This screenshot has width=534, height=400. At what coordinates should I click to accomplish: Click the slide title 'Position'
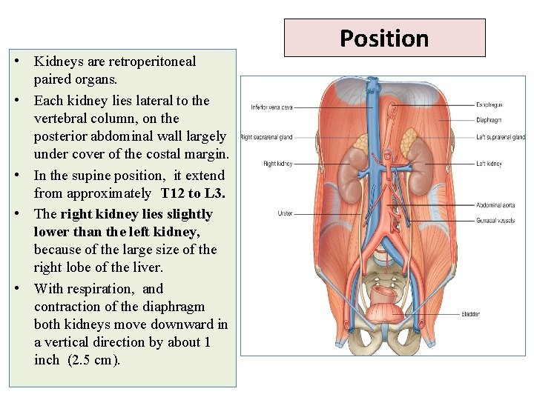pyautogui.click(x=384, y=38)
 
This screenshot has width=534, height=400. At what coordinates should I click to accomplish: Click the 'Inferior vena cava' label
pyautogui.click(x=271, y=107)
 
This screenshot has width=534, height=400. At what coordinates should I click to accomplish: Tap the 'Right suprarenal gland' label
pyautogui.click(x=266, y=137)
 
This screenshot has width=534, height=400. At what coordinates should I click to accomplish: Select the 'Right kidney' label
pyautogui.click(x=278, y=163)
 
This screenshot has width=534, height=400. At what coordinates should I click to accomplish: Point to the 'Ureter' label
pyautogui.click(x=285, y=213)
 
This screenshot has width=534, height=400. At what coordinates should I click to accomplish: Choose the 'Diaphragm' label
pyautogui.click(x=489, y=119)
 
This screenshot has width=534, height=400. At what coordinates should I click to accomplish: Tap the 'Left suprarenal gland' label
pyautogui.click(x=501, y=137)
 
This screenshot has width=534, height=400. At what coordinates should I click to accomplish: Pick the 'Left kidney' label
pyautogui.click(x=489, y=164)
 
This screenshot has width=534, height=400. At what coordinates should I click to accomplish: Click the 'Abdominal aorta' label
pyautogui.click(x=495, y=204)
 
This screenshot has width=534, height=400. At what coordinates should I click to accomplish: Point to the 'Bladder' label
pyautogui.click(x=469, y=315)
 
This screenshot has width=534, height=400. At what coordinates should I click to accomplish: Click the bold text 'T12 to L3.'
pyautogui.click(x=192, y=193)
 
